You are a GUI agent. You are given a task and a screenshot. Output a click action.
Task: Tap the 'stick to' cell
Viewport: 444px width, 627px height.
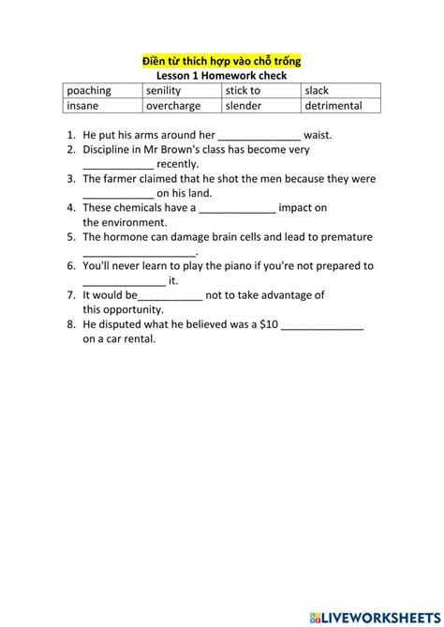243,91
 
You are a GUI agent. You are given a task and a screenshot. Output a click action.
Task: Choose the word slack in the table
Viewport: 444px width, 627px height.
318,91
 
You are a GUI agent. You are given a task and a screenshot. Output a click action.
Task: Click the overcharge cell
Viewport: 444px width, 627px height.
173,106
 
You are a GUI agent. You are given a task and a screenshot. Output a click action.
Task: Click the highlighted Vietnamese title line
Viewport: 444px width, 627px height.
221,62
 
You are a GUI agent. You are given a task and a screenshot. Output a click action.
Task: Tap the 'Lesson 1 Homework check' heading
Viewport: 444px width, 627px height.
221,76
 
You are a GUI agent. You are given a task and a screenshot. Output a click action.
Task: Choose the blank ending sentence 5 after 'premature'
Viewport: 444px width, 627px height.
140,252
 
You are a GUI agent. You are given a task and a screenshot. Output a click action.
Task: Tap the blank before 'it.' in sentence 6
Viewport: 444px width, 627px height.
124,280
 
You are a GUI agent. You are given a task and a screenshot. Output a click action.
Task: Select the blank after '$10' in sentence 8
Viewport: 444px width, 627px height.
322,325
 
